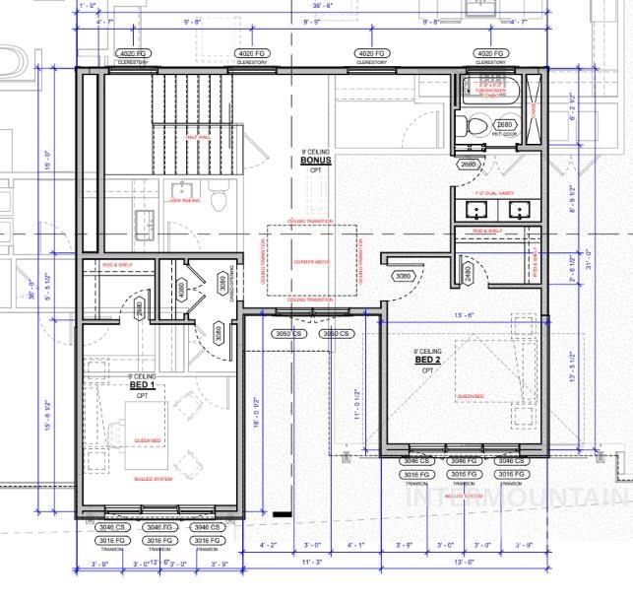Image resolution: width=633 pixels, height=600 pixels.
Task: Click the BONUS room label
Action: pos(316,161)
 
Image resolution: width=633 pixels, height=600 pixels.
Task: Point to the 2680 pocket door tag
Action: pos(505,125)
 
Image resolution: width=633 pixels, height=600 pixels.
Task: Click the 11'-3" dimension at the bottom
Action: pos(312,563)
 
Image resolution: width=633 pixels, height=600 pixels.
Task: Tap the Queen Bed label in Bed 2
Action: pos(471,397)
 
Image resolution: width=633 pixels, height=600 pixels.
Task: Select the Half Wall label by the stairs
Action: pos(197,137)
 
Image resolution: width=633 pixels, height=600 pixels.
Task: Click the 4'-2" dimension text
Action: pos(268,545)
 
